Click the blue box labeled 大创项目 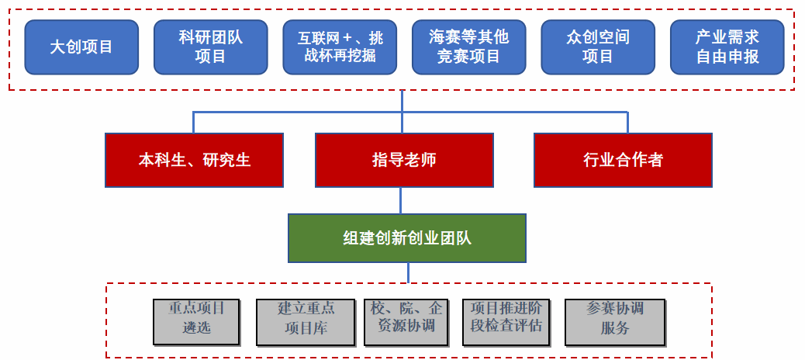point(81,47)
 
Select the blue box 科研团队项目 point(210,47)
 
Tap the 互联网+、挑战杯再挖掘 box point(340,47)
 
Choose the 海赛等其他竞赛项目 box point(468,47)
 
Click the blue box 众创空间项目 point(597,47)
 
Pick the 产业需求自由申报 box point(727,47)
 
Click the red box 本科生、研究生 point(194,161)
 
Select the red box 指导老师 point(404,161)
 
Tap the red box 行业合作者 point(623,161)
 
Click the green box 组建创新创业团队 point(407,238)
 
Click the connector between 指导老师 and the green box point(400,200)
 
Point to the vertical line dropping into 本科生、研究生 point(194,123)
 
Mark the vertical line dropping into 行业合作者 point(627,123)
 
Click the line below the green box point(408,272)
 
